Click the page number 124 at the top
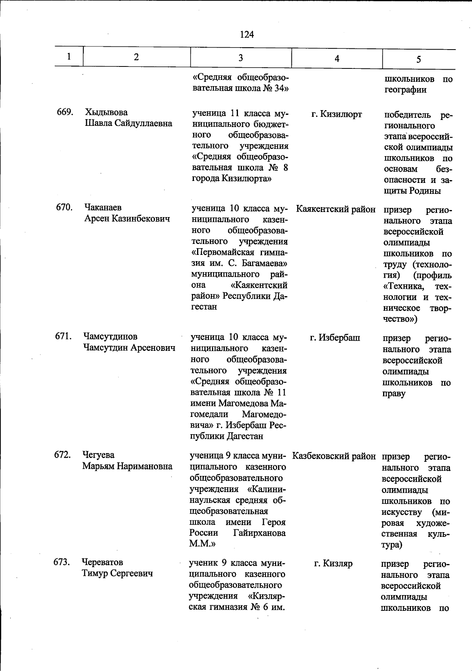(247, 35)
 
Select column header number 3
(240, 58)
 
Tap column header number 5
(419, 59)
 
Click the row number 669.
(65, 112)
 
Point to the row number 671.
(63, 337)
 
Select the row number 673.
(62, 562)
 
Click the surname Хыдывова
(106, 113)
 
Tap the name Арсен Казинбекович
(127, 219)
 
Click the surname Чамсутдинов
(110, 337)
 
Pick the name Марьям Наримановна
(127, 466)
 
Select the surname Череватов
(102, 562)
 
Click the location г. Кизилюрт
(337, 114)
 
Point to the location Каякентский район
(336, 210)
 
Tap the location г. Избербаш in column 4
(335, 338)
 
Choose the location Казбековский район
(334, 457)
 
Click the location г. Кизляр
(333, 564)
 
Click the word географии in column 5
(405, 90)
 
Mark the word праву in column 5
(394, 394)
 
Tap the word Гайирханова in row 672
(259, 533)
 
